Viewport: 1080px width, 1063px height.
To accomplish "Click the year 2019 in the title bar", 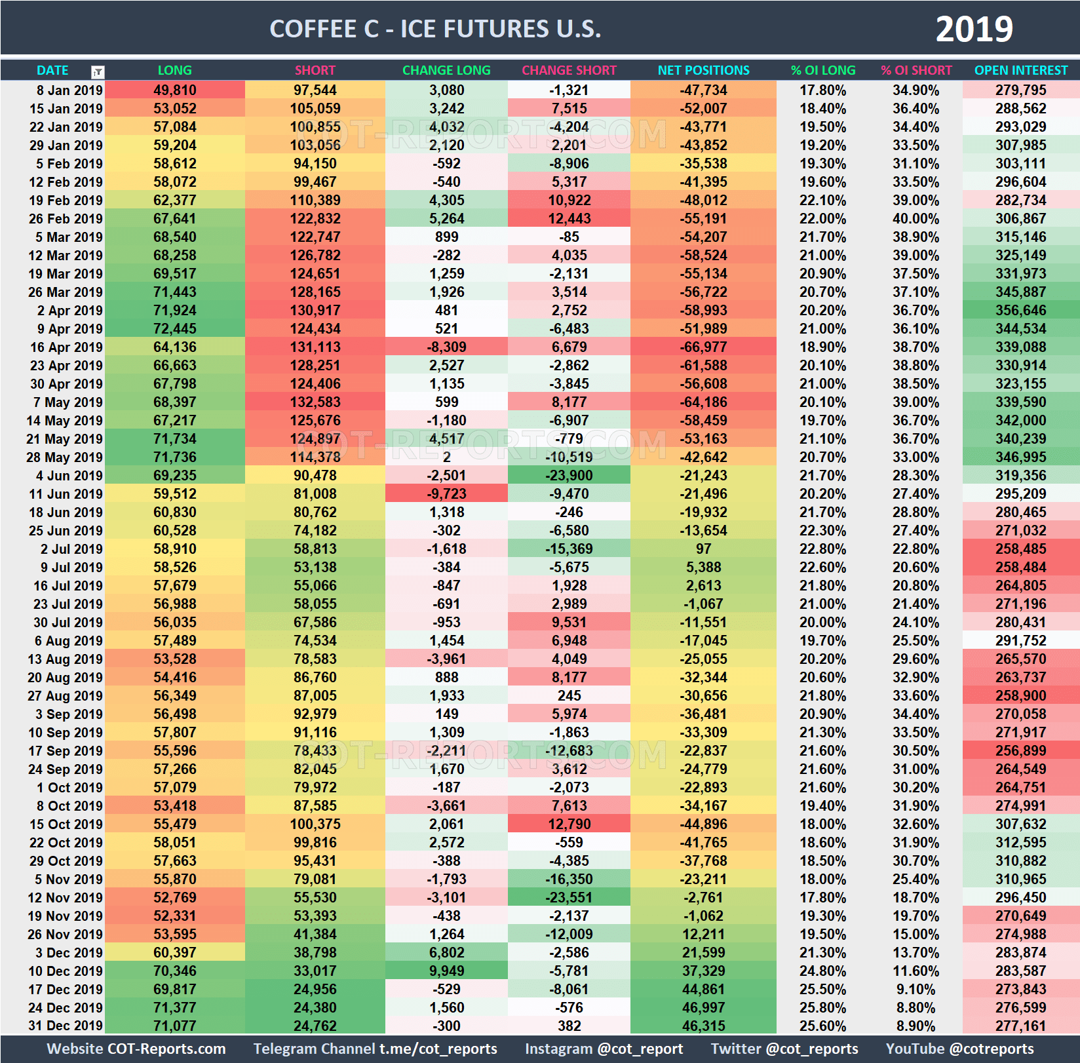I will [974, 29].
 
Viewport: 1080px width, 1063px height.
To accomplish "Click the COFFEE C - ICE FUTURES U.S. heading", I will [435, 29].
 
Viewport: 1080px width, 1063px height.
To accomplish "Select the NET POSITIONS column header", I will [703, 70].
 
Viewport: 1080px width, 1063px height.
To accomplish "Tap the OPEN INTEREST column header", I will [1020, 70].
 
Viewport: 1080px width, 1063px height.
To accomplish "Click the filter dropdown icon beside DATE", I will [98, 71].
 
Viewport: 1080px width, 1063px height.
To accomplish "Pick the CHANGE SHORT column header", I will [569, 70].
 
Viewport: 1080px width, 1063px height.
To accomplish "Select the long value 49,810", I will [175, 90].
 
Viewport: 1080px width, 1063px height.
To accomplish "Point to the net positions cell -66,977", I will [703, 347].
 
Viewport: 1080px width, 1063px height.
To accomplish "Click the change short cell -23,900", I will [569, 476].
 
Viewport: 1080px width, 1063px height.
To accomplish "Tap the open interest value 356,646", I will [1020, 311].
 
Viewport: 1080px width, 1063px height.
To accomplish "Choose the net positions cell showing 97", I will [703, 549].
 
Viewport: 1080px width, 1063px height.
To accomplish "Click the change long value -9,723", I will [446, 494].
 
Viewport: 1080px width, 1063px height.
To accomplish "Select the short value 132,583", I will [315, 402].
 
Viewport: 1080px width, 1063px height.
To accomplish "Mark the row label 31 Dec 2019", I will [66, 1026].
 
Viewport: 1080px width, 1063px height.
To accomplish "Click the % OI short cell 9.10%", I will [916, 989].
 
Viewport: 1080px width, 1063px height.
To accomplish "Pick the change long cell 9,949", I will [446, 971].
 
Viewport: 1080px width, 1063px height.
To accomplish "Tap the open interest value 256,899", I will [1020, 751].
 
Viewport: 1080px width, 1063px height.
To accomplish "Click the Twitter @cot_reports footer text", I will [784, 1049].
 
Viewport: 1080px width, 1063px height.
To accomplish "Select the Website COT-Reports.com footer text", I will [136, 1049].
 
